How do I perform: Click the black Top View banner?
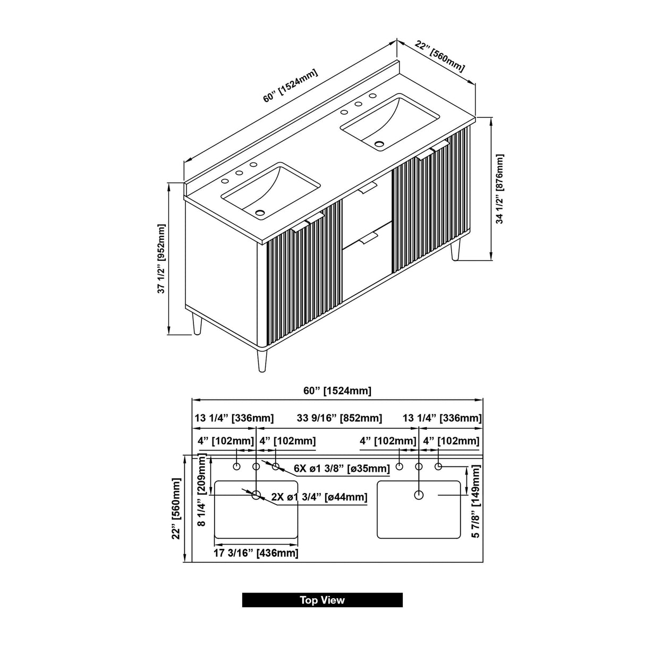point(322,600)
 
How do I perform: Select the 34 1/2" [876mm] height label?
point(499,189)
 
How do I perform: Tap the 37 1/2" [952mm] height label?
point(162,259)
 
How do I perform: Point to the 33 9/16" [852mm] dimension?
point(340,418)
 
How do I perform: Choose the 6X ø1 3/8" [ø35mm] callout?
point(342,468)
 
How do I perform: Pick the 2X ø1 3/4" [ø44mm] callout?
point(319,497)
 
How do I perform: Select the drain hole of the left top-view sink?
point(256,495)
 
